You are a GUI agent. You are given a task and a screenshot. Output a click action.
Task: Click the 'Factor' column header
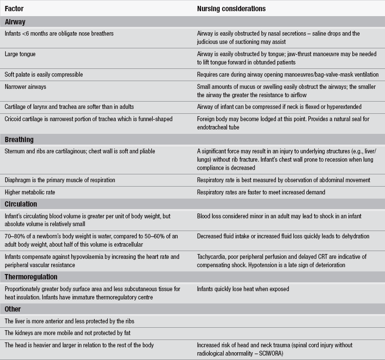[14, 9]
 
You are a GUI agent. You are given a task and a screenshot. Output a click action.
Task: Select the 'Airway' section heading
[15, 22]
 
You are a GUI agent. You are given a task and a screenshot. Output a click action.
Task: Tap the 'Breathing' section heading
[19, 140]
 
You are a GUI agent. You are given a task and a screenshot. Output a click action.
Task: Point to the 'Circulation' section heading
[21, 204]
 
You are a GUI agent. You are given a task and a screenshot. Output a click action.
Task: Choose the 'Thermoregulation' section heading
[31, 277]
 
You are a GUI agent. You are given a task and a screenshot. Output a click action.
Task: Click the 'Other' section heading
[13, 309]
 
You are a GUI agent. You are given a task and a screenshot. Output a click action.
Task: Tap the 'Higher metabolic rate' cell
[30, 192]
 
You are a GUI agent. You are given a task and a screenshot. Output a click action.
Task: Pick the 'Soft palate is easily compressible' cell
[43, 75]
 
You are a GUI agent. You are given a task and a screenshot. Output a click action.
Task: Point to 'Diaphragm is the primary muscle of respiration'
[60, 180]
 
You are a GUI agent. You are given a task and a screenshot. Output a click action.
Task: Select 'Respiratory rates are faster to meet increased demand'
[262, 192]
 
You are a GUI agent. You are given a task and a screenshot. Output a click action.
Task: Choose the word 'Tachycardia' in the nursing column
[212, 256]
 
